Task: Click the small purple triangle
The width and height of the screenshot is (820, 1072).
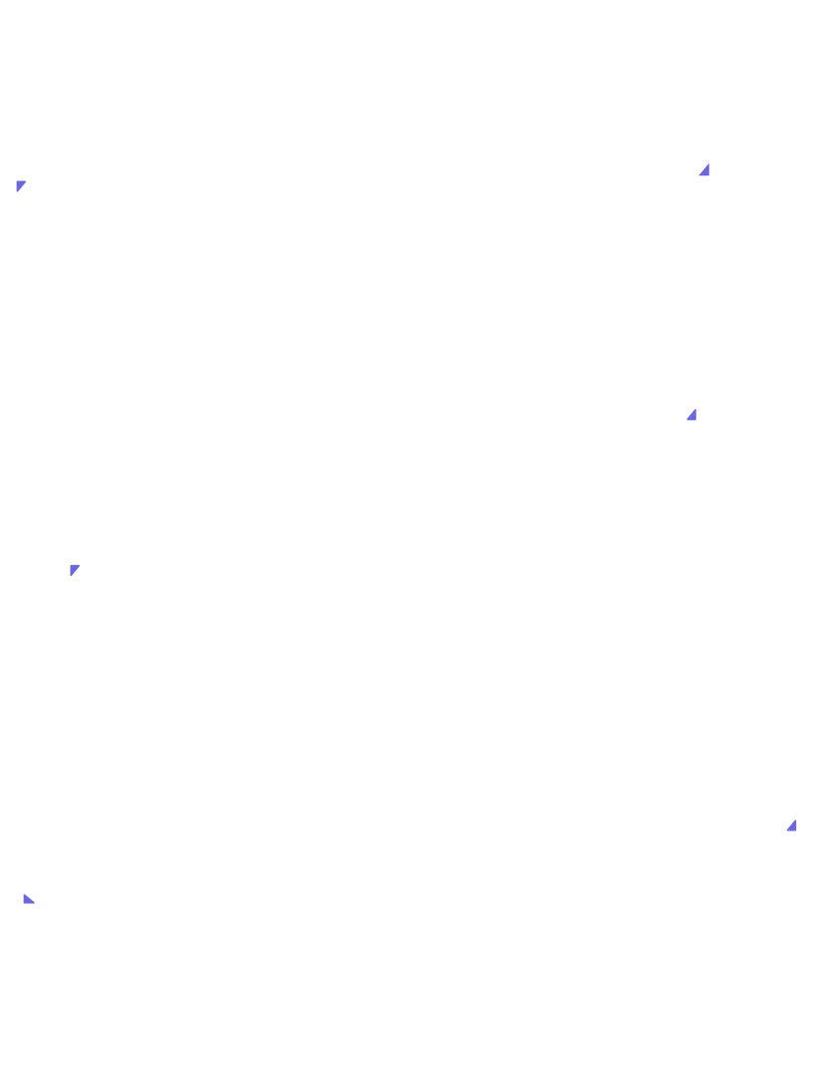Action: [x=793, y=826]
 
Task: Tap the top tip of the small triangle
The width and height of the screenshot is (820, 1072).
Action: [x=797, y=818]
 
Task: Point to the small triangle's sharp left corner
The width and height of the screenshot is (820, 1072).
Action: [x=785, y=831]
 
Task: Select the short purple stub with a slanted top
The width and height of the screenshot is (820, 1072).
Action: [x=704, y=176]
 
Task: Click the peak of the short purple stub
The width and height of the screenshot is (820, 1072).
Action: [x=709, y=160]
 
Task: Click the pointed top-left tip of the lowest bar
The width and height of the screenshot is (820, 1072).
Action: [x=23, y=892]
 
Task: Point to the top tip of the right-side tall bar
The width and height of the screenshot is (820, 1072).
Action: [x=696, y=407]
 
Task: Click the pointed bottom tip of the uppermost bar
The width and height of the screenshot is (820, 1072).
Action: [x=17, y=193]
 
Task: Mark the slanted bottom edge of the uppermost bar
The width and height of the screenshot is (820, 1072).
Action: [x=22, y=187]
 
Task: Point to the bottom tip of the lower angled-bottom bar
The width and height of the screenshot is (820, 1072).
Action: [x=70, y=577]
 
